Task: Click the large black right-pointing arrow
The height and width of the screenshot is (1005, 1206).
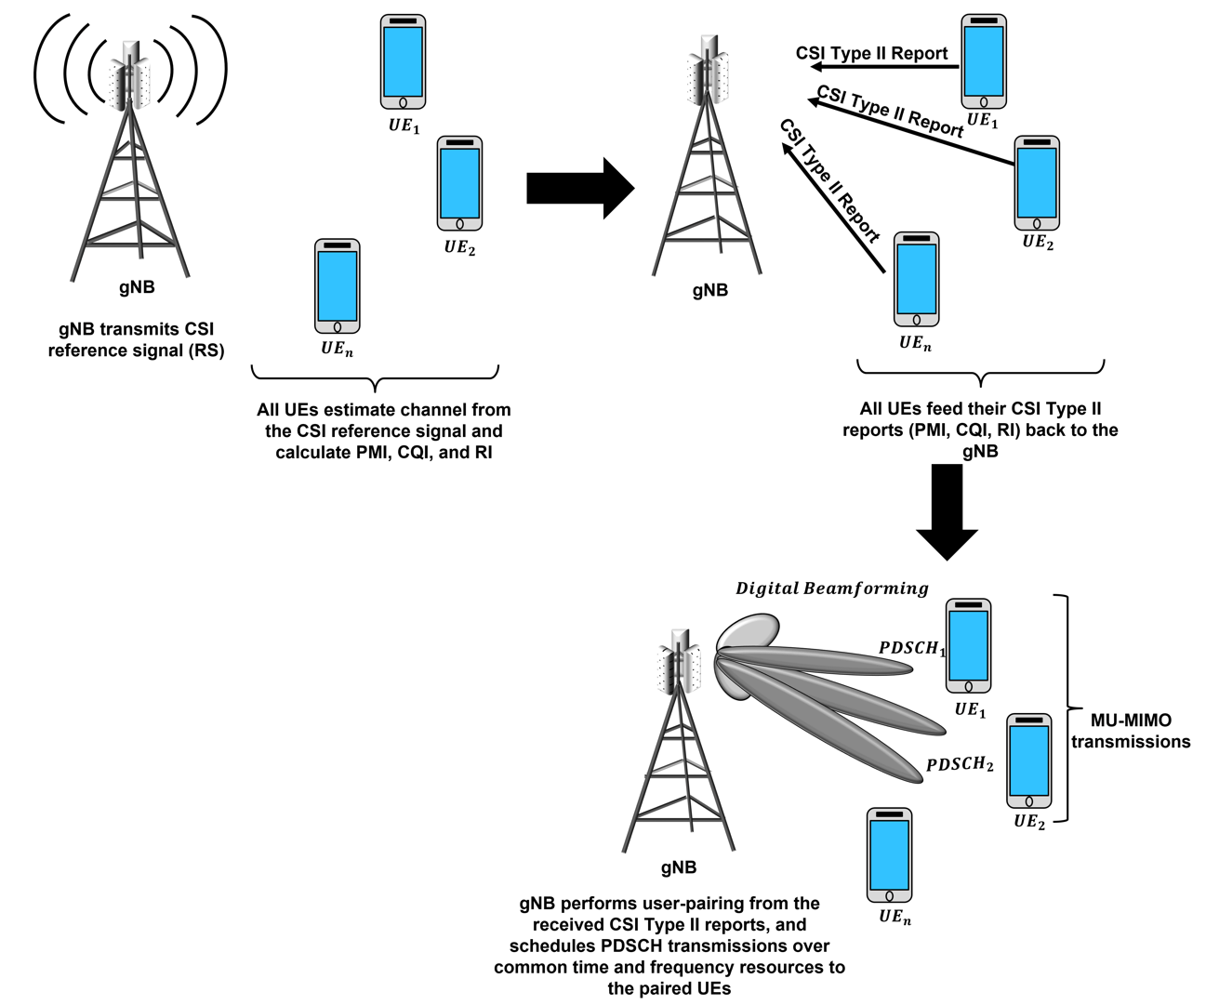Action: tap(580, 189)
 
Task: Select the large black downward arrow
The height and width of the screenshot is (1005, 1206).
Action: tap(948, 511)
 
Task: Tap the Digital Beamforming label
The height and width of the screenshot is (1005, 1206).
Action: tap(831, 588)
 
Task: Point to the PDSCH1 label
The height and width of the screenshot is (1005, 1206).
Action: tap(912, 648)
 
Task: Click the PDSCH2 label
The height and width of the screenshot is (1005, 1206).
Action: tap(960, 765)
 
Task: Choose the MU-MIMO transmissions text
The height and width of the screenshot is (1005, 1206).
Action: tap(1131, 731)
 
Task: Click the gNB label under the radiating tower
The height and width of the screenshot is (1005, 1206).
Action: tap(137, 287)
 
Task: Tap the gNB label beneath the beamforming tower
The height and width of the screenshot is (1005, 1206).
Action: tap(679, 867)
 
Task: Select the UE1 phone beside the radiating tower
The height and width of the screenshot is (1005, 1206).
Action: tap(403, 61)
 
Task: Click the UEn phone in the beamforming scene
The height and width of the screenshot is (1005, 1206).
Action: tap(889, 854)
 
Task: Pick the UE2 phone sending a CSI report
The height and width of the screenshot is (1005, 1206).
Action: tap(1037, 183)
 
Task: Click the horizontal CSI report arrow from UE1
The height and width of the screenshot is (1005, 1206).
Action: tap(884, 67)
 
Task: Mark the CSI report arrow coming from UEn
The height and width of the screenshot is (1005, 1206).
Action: tap(833, 207)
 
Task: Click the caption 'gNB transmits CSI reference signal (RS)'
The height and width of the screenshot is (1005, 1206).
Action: tap(137, 339)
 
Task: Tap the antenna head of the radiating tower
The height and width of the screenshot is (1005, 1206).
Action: tap(129, 75)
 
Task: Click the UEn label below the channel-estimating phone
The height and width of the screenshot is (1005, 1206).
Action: tap(337, 349)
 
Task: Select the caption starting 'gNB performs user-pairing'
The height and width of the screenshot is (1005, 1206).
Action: tap(669, 945)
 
